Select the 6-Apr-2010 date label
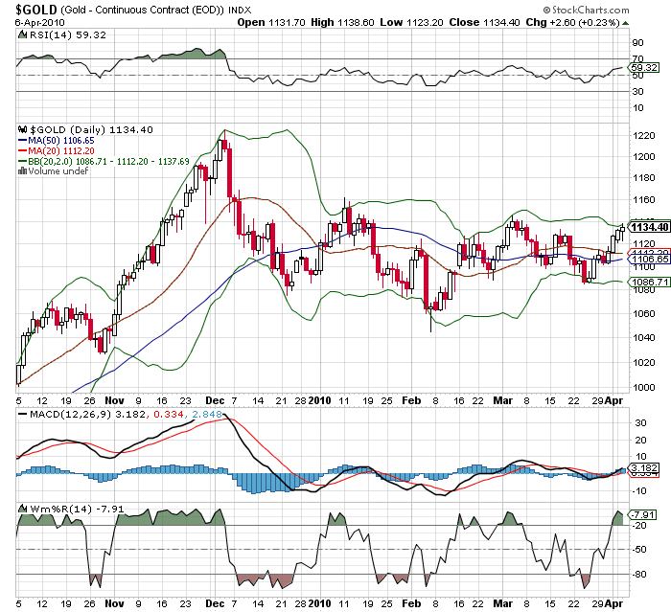point(32,22)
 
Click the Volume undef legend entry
point(57,171)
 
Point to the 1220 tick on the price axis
point(641,135)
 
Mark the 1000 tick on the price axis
point(641,386)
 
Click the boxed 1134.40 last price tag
point(649,227)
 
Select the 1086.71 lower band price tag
point(647,283)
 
